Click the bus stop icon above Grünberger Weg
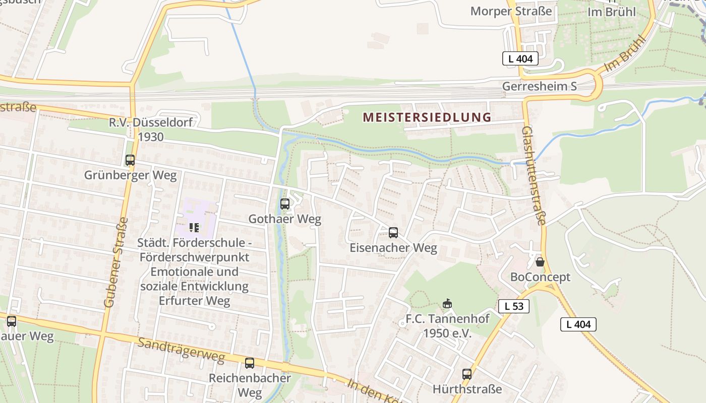[x=130, y=160]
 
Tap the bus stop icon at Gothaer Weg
[x=285, y=204]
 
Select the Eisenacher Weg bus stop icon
[x=393, y=233]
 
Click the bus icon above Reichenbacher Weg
[x=249, y=363]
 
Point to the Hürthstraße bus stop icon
[x=467, y=374]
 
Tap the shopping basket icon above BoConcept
[x=540, y=262]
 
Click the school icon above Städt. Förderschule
[x=194, y=228]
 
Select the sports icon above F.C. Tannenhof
[x=447, y=303]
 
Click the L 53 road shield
[x=514, y=306]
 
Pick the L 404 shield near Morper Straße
[x=520, y=58]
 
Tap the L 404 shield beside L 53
[x=578, y=324]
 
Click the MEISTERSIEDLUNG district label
[x=427, y=117]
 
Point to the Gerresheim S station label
[x=539, y=86]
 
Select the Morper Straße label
[x=511, y=11]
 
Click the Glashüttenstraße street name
[x=535, y=175]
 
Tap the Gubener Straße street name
[x=116, y=262]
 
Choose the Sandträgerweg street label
[x=181, y=349]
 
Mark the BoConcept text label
[x=540, y=277]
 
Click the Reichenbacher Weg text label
[x=250, y=385]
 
